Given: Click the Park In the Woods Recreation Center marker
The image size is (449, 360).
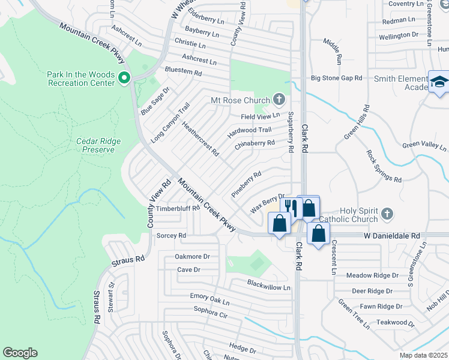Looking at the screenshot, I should pos(124,77).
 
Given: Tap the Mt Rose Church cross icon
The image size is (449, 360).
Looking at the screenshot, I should pos(279,98).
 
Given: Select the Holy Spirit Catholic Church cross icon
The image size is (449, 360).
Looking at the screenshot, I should pos(388,213).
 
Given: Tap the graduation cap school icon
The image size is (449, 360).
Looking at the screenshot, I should pos(439,82).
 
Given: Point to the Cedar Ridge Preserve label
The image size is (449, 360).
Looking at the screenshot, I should pos(98,145).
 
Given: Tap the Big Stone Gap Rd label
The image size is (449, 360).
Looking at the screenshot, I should pos(336,78).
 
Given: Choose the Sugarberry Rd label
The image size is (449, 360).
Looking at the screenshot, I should pos(291,131).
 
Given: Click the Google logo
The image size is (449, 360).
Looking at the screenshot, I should pos(20,353).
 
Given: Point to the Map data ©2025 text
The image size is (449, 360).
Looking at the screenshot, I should pos(423,355).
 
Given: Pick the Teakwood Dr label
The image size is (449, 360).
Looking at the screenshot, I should pos(396,322).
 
